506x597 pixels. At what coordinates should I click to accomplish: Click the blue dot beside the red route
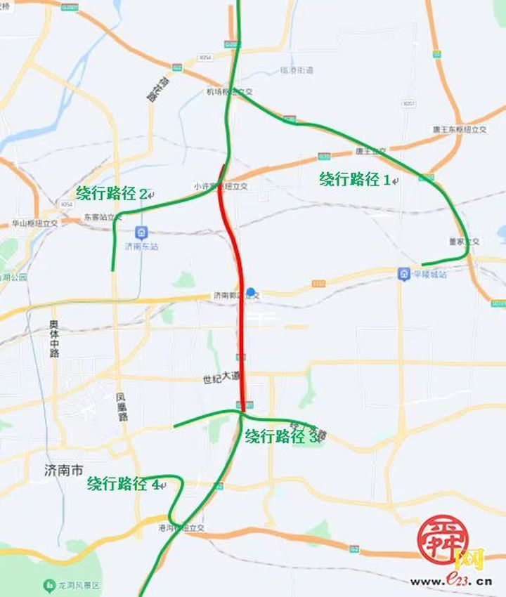[x=251, y=291]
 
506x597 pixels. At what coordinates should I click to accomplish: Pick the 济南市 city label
[x=55, y=468]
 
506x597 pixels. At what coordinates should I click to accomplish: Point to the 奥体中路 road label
[x=54, y=339]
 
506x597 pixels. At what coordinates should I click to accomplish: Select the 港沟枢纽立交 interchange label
[x=181, y=527]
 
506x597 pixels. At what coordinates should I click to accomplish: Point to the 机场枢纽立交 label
[x=228, y=91]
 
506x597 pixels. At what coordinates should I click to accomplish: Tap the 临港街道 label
[x=297, y=70]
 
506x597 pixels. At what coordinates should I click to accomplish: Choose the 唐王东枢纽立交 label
[x=460, y=130]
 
